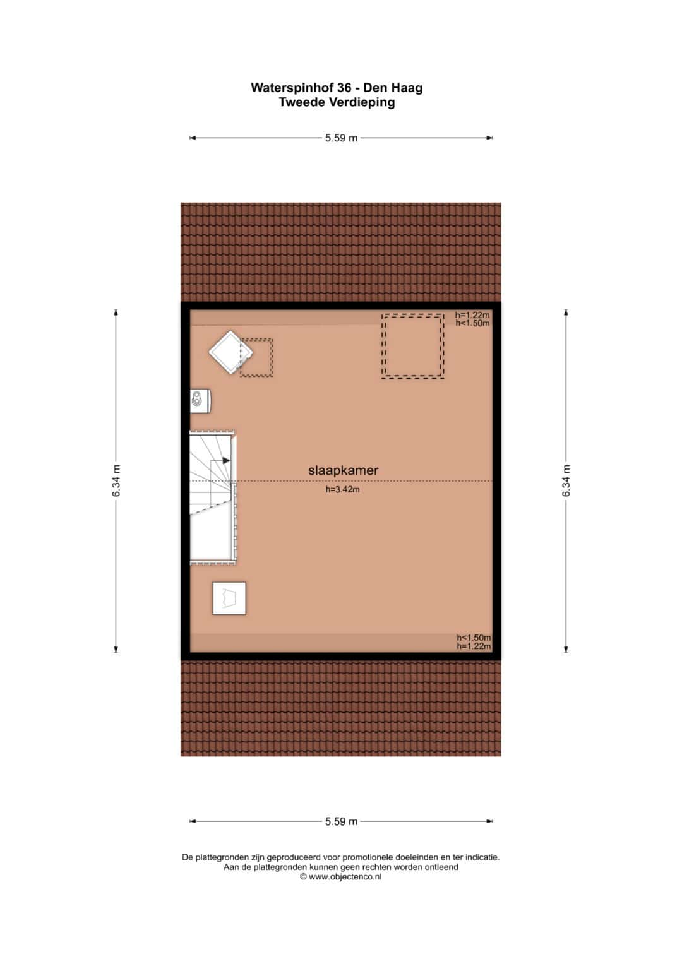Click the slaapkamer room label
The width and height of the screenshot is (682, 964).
coord(343,470)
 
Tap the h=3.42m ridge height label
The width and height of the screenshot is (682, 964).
coord(343,489)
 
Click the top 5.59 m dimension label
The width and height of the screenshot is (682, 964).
coord(341,138)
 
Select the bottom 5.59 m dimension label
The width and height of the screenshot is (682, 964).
coord(341,821)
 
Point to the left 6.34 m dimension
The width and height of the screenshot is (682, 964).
coord(116,480)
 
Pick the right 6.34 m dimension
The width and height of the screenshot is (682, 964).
coord(566,480)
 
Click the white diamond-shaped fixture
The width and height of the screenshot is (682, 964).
coord(230,352)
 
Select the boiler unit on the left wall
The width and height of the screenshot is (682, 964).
coord(201,401)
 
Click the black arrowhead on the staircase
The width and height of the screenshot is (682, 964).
coord(227,461)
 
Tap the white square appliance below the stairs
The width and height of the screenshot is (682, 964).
coord(229,598)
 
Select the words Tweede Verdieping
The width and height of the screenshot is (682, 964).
coord(337,102)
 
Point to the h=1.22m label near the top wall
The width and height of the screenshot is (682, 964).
coord(472,315)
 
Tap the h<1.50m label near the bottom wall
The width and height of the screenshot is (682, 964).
coord(474,638)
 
